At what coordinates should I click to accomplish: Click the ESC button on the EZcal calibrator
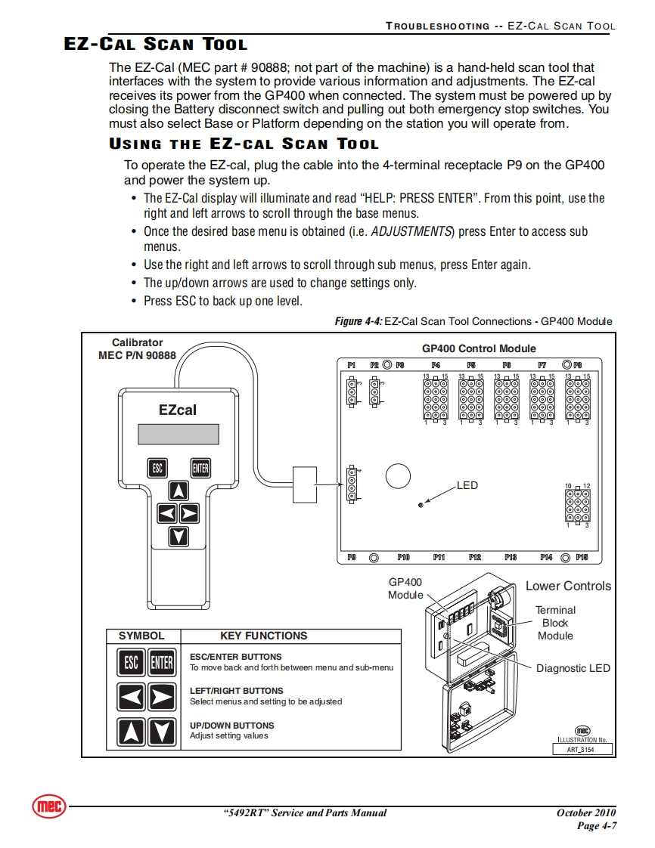[157, 468]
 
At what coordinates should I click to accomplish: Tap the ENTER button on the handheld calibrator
[200, 468]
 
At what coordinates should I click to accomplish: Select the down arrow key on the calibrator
[178, 537]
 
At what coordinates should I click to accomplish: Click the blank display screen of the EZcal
[178, 434]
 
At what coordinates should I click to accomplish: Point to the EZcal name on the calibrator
[178, 410]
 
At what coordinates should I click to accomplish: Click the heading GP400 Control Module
[479, 348]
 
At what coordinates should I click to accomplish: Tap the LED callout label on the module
[467, 485]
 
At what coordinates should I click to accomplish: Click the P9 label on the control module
[352, 558]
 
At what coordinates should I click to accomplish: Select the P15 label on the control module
[582, 558]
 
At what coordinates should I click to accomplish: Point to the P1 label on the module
[352, 365]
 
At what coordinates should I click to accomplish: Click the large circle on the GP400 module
[398, 475]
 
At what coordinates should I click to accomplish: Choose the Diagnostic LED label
[573, 668]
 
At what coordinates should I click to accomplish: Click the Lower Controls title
[568, 586]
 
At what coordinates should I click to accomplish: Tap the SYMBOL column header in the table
[141, 636]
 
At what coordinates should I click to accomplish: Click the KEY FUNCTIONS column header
[264, 636]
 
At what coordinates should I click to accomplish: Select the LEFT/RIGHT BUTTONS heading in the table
[237, 691]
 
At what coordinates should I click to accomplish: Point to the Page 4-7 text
[597, 825]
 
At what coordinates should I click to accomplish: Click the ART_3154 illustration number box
[581, 751]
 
